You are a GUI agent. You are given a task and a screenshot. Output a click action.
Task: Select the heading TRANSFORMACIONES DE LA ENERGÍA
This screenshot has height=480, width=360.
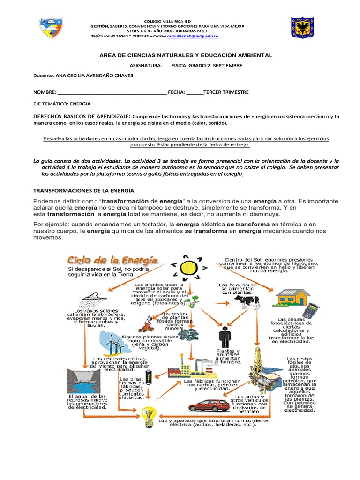(83, 190)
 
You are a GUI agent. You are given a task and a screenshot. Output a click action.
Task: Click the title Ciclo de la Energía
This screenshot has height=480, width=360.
(112, 259)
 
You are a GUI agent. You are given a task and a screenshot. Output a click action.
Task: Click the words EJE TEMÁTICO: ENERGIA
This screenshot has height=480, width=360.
(61, 104)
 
